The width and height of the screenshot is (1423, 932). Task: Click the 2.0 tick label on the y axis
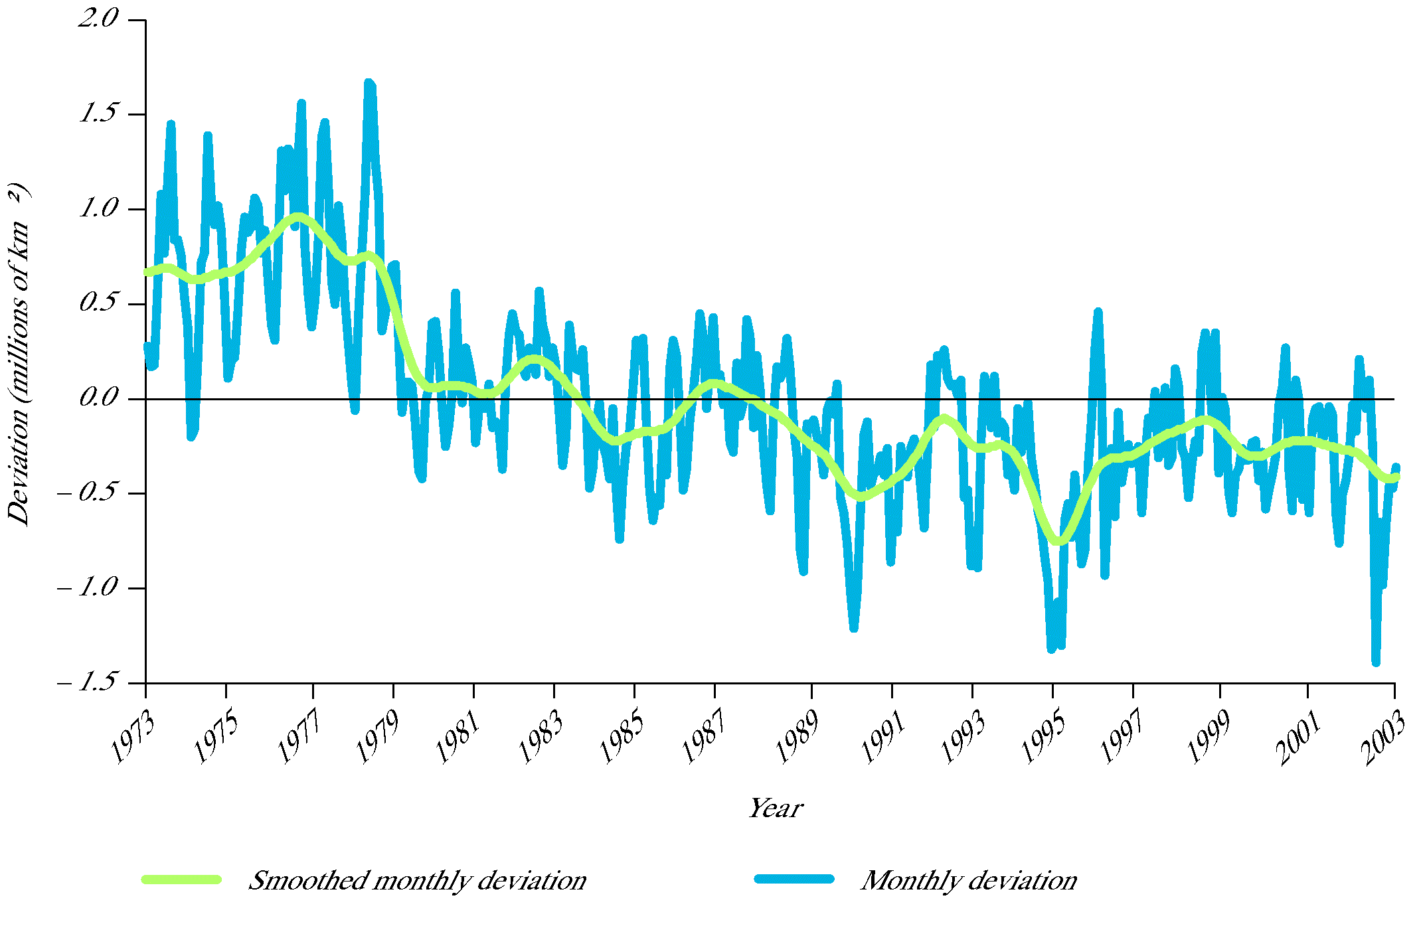pos(98,19)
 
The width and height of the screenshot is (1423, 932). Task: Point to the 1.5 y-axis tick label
pos(98,114)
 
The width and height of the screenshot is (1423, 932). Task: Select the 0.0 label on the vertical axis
pos(98,398)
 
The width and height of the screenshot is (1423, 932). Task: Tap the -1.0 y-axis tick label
pos(88,587)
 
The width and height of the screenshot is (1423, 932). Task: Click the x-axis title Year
pos(776,809)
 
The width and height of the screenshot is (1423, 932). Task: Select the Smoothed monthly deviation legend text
pos(417,881)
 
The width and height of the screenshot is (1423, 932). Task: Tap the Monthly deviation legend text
pos(969,881)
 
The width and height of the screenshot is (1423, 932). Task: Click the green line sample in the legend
pos(181,879)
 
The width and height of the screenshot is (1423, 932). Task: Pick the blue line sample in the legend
pos(794,879)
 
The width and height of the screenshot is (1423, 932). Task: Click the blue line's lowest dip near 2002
pos(1375,661)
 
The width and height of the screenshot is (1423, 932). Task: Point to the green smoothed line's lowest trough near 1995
pos(1058,542)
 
